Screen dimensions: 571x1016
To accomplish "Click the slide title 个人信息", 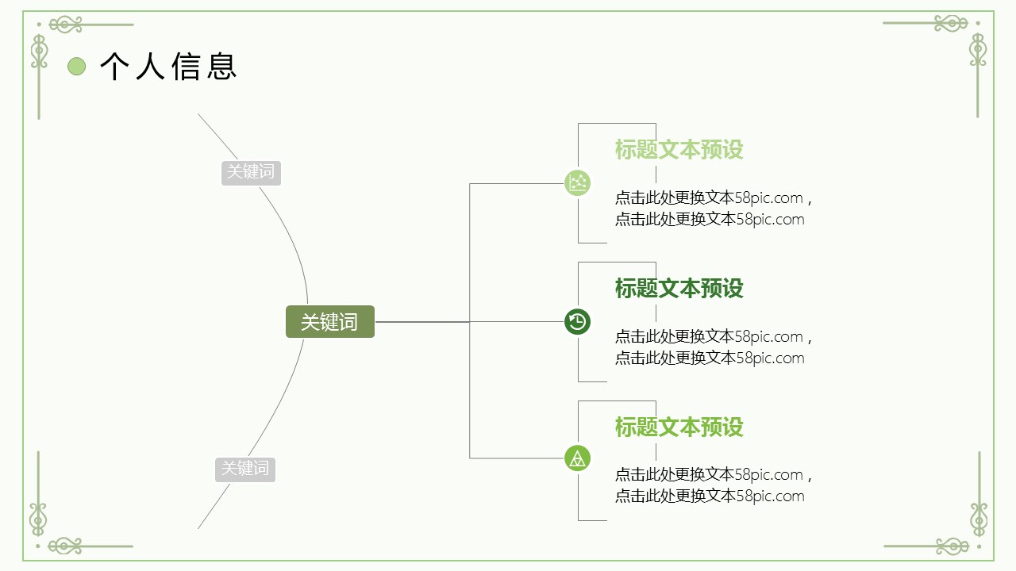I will [x=168, y=67].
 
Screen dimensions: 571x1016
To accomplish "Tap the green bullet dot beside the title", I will [x=76, y=67].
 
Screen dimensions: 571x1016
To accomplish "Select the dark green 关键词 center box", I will [x=329, y=322].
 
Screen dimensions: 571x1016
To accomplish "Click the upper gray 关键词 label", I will [x=251, y=172].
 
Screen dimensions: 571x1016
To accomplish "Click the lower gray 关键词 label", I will [x=245, y=469].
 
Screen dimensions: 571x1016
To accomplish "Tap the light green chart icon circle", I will [x=577, y=183].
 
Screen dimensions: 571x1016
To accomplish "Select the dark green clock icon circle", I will [x=577, y=321].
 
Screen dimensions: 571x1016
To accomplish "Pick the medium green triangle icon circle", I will [x=577, y=458].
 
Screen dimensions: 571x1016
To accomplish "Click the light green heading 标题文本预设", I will [x=679, y=150].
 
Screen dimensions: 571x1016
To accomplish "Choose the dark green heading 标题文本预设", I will [x=679, y=288].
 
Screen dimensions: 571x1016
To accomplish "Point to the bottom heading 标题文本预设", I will [x=679, y=427].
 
